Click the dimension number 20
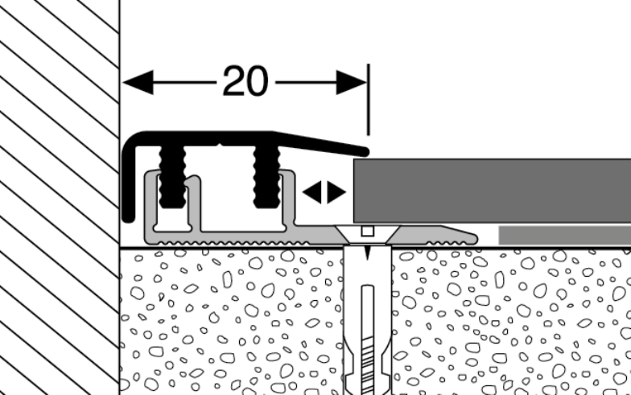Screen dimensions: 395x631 tap(245, 81)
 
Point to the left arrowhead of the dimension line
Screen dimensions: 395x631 tap(138, 82)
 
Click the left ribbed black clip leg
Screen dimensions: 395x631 tap(171, 175)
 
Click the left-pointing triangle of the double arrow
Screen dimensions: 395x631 tap(312, 191)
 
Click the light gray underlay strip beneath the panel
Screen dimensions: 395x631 tap(563, 235)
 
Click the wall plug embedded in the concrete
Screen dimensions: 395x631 tap(366, 322)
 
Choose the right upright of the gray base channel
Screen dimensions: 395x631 tap(287, 201)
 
